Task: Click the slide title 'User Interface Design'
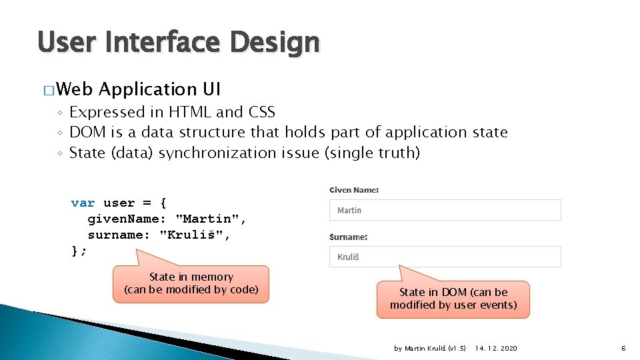coord(179,42)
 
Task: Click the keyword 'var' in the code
coord(83,203)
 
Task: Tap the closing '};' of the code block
coord(79,251)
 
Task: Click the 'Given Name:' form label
coord(354,190)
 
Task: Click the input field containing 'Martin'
coord(445,210)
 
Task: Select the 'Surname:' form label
coord(348,237)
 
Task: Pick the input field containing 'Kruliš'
coord(445,257)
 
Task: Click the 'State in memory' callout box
coord(191,284)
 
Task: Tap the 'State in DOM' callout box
coord(453,299)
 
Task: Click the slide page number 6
coord(623,348)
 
